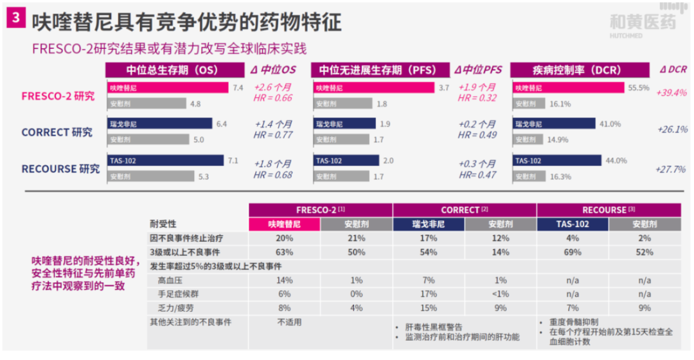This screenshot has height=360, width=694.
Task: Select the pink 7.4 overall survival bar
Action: [x=168, y=87]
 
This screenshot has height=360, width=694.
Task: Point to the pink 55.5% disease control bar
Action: [x=569, y=87]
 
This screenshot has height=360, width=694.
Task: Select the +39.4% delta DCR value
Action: [x=672, y=93]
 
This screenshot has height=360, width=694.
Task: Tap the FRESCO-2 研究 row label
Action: [x=58, y=96]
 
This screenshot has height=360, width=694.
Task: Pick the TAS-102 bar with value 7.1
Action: [x=166, y=161]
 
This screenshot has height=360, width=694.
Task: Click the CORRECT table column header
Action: [x=464, y=210]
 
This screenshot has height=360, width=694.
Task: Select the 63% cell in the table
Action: [x=285, y=252]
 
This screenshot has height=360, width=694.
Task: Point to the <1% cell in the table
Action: [x=500, y=294]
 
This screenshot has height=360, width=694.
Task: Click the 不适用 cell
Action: [x=289, y=321]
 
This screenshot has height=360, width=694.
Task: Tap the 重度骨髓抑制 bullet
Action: [x=574, y=321]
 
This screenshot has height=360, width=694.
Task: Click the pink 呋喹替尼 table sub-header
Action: [x=285, y=224]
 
